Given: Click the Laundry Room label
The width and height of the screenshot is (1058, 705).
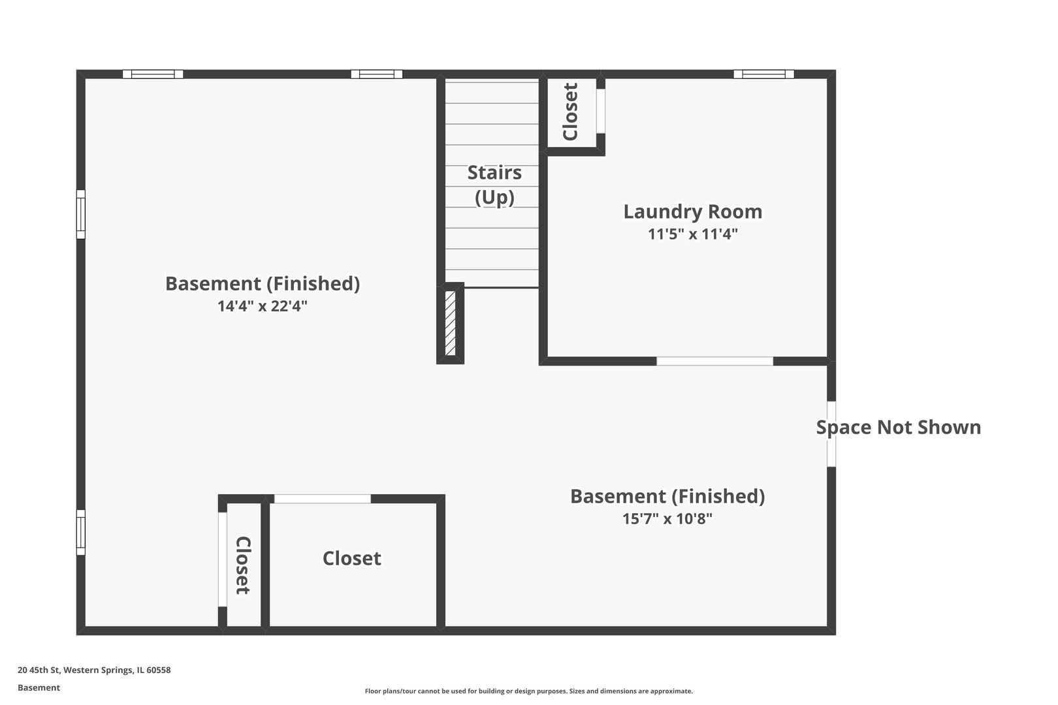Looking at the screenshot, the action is click(x=692, y=211).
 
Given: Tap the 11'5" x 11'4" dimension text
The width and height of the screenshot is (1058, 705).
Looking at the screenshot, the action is click(x=692, y=234).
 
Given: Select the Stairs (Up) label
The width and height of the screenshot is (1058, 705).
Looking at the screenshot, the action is click(x=494, y=185).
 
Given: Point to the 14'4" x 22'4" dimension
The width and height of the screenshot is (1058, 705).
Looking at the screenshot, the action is click(x=262, y=306).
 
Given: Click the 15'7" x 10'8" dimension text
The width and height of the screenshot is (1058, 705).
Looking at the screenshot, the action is click(x=667, y=518).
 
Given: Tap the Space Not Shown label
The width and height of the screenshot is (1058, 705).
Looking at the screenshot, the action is click(x=899, y=428).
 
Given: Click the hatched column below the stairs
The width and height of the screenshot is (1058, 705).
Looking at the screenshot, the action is click(x=450, y=324).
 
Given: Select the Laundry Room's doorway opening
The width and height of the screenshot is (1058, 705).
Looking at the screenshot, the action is click(x=714, y=361).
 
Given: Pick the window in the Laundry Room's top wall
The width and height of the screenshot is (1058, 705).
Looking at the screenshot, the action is click(x=763, y=74).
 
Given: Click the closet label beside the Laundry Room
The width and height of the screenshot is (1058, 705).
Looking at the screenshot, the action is click(x=571, y=112).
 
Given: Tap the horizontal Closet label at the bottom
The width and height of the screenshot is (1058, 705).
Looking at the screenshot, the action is click(x=351, y=559).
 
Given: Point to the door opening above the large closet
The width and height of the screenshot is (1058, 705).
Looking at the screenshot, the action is click(x=322, y=499).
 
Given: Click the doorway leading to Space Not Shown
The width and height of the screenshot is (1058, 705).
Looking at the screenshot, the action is click(x=831, y=434).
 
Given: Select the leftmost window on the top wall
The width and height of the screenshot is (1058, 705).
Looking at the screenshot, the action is click(x=153, y=74).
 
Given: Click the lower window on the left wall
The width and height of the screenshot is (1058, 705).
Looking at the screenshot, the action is click(x=81, y=532).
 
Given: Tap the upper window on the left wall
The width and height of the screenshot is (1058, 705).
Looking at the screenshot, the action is click(x=81, y=214).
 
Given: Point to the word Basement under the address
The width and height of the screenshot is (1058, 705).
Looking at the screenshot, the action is click(x=39, y=687).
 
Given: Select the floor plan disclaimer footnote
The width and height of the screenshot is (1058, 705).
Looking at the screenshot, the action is click(x=528, y=691).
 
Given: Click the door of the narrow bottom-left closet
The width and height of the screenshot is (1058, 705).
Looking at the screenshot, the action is click(x=222, y=559).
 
